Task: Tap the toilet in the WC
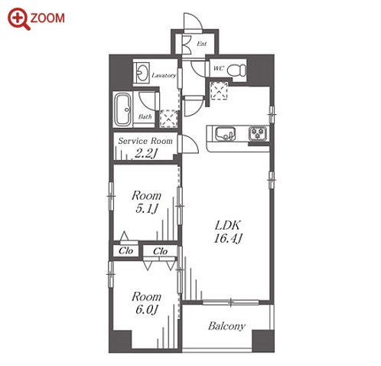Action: [x=236, y=70]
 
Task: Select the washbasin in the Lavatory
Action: [x=142, y=73]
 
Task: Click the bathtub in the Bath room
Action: [x=123, y=109]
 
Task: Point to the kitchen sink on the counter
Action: [x=225, y=134]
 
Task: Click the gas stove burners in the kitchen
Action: [x=258, y=133]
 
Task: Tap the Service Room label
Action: [x=145, y=141]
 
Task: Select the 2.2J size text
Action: [x=145, y=153]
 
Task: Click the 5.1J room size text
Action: [x=147, y=208]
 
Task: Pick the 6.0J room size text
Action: [x=147, y=309]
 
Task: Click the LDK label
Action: [x=228, y=225]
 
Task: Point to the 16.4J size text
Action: [x=228, y=239]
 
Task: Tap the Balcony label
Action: [x=226, y=326]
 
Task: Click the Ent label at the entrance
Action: [x=201, y=44]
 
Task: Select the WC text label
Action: [x=219, y=68]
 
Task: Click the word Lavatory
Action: [x=164, y=76]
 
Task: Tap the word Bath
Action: [x=145, y=116]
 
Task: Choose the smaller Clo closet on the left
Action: [x=125, y=250]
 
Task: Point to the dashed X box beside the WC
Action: [x=219, y=91]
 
